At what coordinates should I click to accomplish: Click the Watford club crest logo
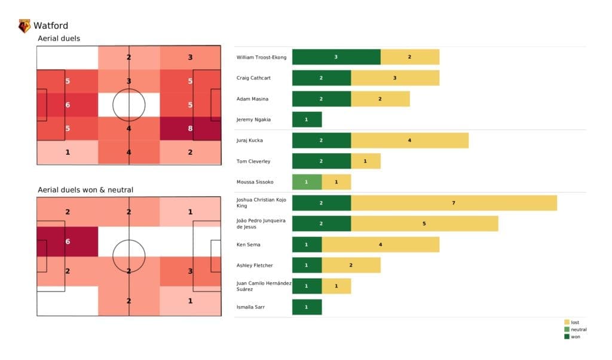pos(25,26)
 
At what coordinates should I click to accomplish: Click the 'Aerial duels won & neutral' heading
pos(85,190)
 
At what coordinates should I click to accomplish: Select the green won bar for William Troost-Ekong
pos(336,57)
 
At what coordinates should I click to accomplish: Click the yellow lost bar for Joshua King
pos(454,203)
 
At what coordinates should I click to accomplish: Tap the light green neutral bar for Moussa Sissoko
pos(307,182)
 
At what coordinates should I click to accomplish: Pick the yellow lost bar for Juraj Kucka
pos(409,141)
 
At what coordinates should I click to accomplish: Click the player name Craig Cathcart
pos(254,78)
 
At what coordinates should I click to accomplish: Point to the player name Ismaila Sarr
pos(250,307)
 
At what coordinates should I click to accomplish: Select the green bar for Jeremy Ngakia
pos(307,120)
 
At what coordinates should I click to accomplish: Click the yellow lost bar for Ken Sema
pos(380,244)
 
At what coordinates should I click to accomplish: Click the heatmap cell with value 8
pos(190,127)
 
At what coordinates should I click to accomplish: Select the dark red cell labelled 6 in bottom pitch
pos(67,242)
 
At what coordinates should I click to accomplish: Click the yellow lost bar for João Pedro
pos(424,224)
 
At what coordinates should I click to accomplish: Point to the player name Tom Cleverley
pos(253,161)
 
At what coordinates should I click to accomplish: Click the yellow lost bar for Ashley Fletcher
pos(351,265)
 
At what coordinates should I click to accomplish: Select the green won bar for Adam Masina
pos(322,99)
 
